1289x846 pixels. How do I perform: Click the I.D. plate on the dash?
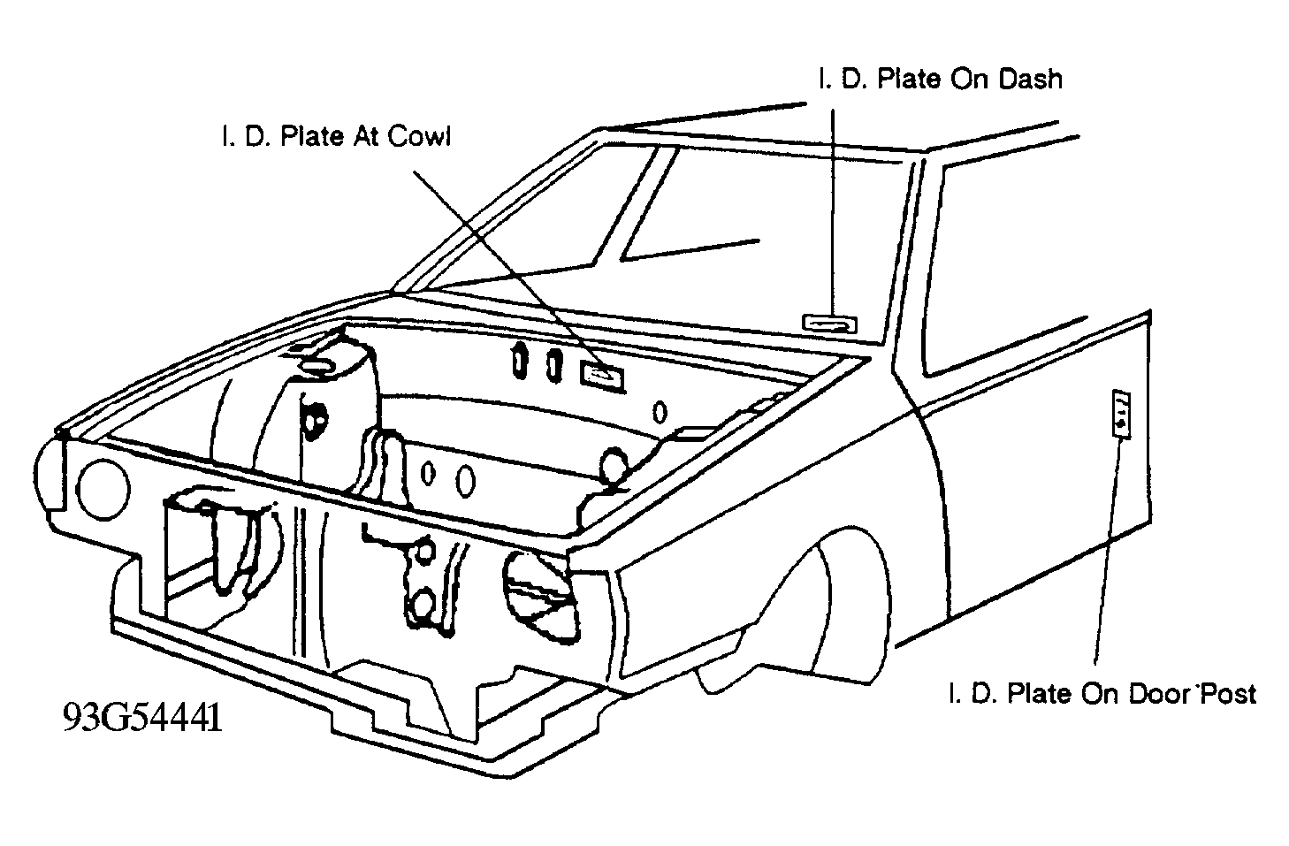pos(829,324)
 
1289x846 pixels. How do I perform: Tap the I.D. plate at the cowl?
pos(602,376)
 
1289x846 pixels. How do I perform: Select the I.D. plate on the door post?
pos(1121,414)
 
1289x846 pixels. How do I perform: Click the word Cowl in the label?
pos(419,136)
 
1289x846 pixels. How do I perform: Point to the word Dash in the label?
pos(1030,79)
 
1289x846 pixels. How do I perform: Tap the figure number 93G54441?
pos(142,718)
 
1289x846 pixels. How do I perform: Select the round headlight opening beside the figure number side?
pos(103,489)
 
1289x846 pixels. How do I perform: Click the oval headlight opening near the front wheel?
pos(540,596)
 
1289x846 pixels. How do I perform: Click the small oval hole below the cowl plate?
pos(660,412)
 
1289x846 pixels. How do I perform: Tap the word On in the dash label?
pos(970,79)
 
